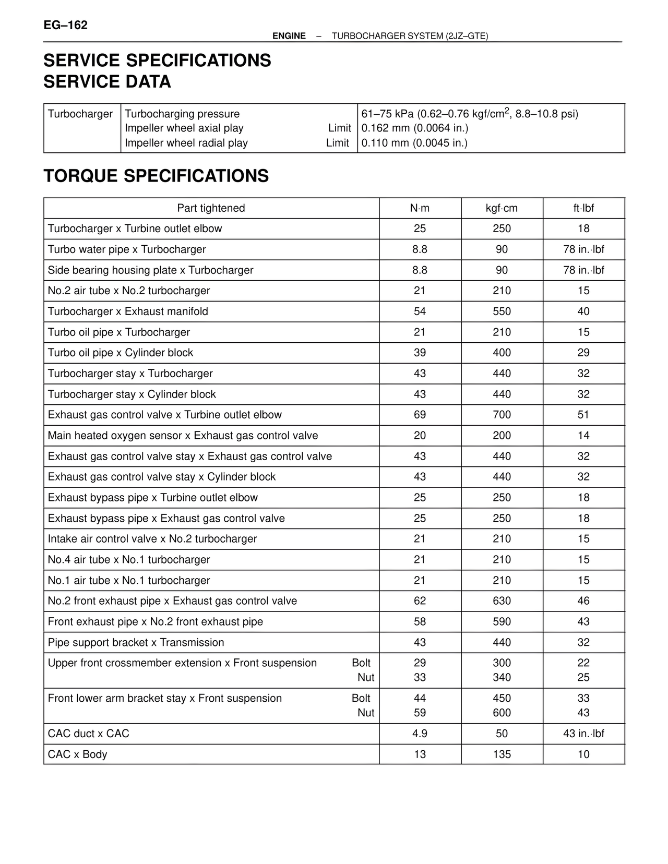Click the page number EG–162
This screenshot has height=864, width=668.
pyautogui.click(x=65, y=25)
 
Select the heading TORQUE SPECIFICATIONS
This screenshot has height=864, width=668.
pyautogui.click(x=156, y=176)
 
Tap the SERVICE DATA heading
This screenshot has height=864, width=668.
pyautogui.click(x=107, y=82)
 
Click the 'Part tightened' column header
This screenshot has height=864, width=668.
pyautogui.click(x=211, y=208)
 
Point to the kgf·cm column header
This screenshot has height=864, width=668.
pyautogui.click(x=502, y=208)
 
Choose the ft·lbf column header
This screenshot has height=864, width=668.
pyautogui.click(x=583, y=208)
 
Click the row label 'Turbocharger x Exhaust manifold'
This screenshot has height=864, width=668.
pyautogui.click(x=128, y=311)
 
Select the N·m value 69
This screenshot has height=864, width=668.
pyautogui.click(x=420, y=415)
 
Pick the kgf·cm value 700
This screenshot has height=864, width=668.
pyautogui.click(x=502, y=415)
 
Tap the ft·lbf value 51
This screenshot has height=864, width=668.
pyautogui.click(x=583, y=415)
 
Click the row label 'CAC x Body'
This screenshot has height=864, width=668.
pyautogui.click(x=77, y=754)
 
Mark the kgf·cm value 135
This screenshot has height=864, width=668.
pyautogui.click(x=502, y=754)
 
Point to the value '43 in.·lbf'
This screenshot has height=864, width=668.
pyautogui.click(x=583, y=734)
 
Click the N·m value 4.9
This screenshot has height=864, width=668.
pyautogui.click(x=420, y=734)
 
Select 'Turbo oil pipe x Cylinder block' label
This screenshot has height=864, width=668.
pyautogui.click(x=121, y=353)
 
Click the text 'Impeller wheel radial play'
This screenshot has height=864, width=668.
pyautogui.click(x=186, y=143)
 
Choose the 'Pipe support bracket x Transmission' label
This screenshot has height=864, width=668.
pyautogui.click(x=136, y=643)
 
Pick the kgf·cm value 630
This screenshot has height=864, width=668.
pyautogui.click(x=502, y=601)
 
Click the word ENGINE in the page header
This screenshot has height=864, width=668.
pyautogui.click(x=289, y=36)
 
